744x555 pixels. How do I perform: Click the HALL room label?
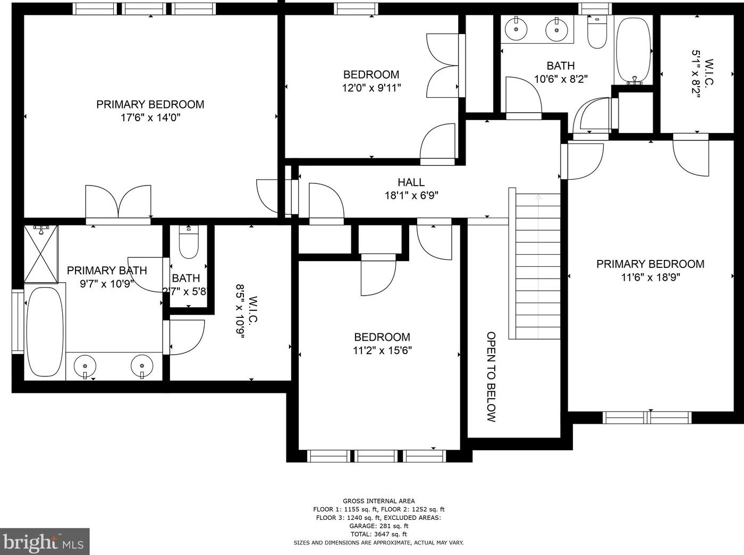pyautogui.click(x=411, y=182)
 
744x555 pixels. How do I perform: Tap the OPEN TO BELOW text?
pyautogui.click(x=491, y=377)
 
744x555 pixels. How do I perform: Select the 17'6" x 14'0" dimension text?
pyautogui.click(x=150, y=117)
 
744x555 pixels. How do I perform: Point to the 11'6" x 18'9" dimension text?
pyautogui.click(x=650, y=277)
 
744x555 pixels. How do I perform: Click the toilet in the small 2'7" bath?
pyautogui.click(x=189, y=242)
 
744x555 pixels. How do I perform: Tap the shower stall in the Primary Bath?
pyautogui.click(x=41, y=254)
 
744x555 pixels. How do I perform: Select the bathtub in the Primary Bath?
pyautogui.click(x=45, y=332)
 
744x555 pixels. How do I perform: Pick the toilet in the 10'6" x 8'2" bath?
pyautogui.click(x=597, y=32)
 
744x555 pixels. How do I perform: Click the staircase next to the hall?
pyautogui.click(x=535, y=264)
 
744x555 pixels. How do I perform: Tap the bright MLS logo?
pyautogui.click(x=45, y=541)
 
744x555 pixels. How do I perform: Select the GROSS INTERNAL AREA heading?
pyautogui.click(x=378, y=501)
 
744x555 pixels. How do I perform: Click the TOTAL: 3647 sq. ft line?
pyautogui.click(x=378, y=534)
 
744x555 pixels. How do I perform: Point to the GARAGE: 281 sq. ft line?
pyautogui.click(x=378, y=526)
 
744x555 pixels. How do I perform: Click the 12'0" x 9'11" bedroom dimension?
pyautogui.click(x=371, y=88)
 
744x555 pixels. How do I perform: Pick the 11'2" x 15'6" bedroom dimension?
pyautogui.click(x=382, y=350)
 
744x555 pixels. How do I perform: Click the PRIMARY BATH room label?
pyautogui.click(x=107, y=271)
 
